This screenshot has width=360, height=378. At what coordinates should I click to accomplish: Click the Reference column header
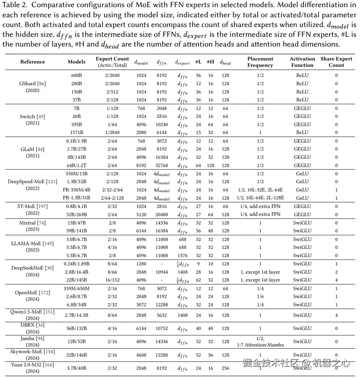pos(32,62)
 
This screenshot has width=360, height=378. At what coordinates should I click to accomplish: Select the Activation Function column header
pos(302,62)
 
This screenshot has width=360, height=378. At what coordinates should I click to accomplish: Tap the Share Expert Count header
pos(336,62)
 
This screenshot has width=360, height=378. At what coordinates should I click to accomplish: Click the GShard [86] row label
pos(32,84)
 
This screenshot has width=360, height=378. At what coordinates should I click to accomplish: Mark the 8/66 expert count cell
pos(112,272)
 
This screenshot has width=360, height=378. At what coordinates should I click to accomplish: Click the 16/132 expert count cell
pos(112,280)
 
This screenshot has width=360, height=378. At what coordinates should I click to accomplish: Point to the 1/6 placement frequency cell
pos(260,297)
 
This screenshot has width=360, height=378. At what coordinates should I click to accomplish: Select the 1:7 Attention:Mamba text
pos(260,345)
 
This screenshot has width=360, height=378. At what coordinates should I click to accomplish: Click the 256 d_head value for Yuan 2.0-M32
pos(225,368)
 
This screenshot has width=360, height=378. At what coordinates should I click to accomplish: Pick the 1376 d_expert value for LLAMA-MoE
pos(183,256)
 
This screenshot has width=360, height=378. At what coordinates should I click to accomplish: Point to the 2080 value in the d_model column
pos(141,133)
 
